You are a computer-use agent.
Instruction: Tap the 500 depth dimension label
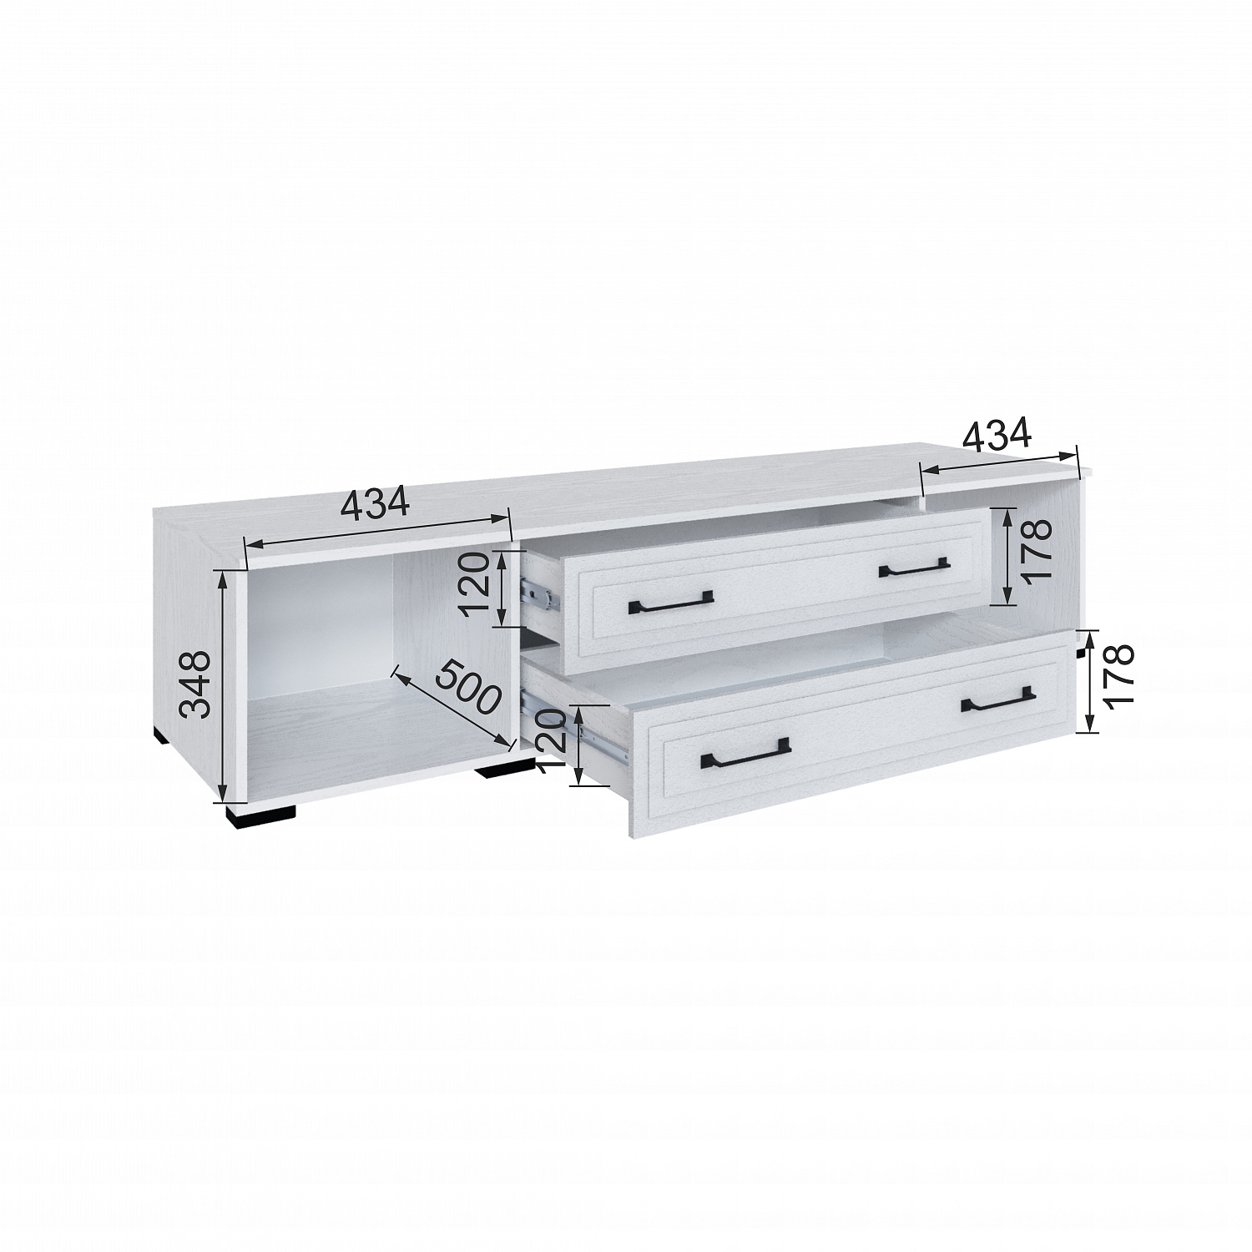pos(469,686)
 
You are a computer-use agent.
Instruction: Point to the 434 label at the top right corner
pos(998,433)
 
